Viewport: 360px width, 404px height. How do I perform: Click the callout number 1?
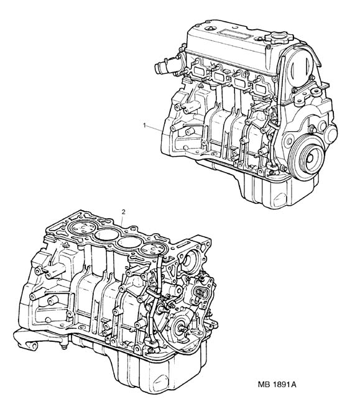145,125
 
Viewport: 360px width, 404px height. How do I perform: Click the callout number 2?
124,212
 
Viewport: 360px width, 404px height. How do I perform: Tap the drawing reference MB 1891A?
277,385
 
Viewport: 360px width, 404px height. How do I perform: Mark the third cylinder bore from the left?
129,242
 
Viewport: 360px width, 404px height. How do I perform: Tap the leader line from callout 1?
155,127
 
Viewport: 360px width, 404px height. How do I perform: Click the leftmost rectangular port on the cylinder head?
199,70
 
